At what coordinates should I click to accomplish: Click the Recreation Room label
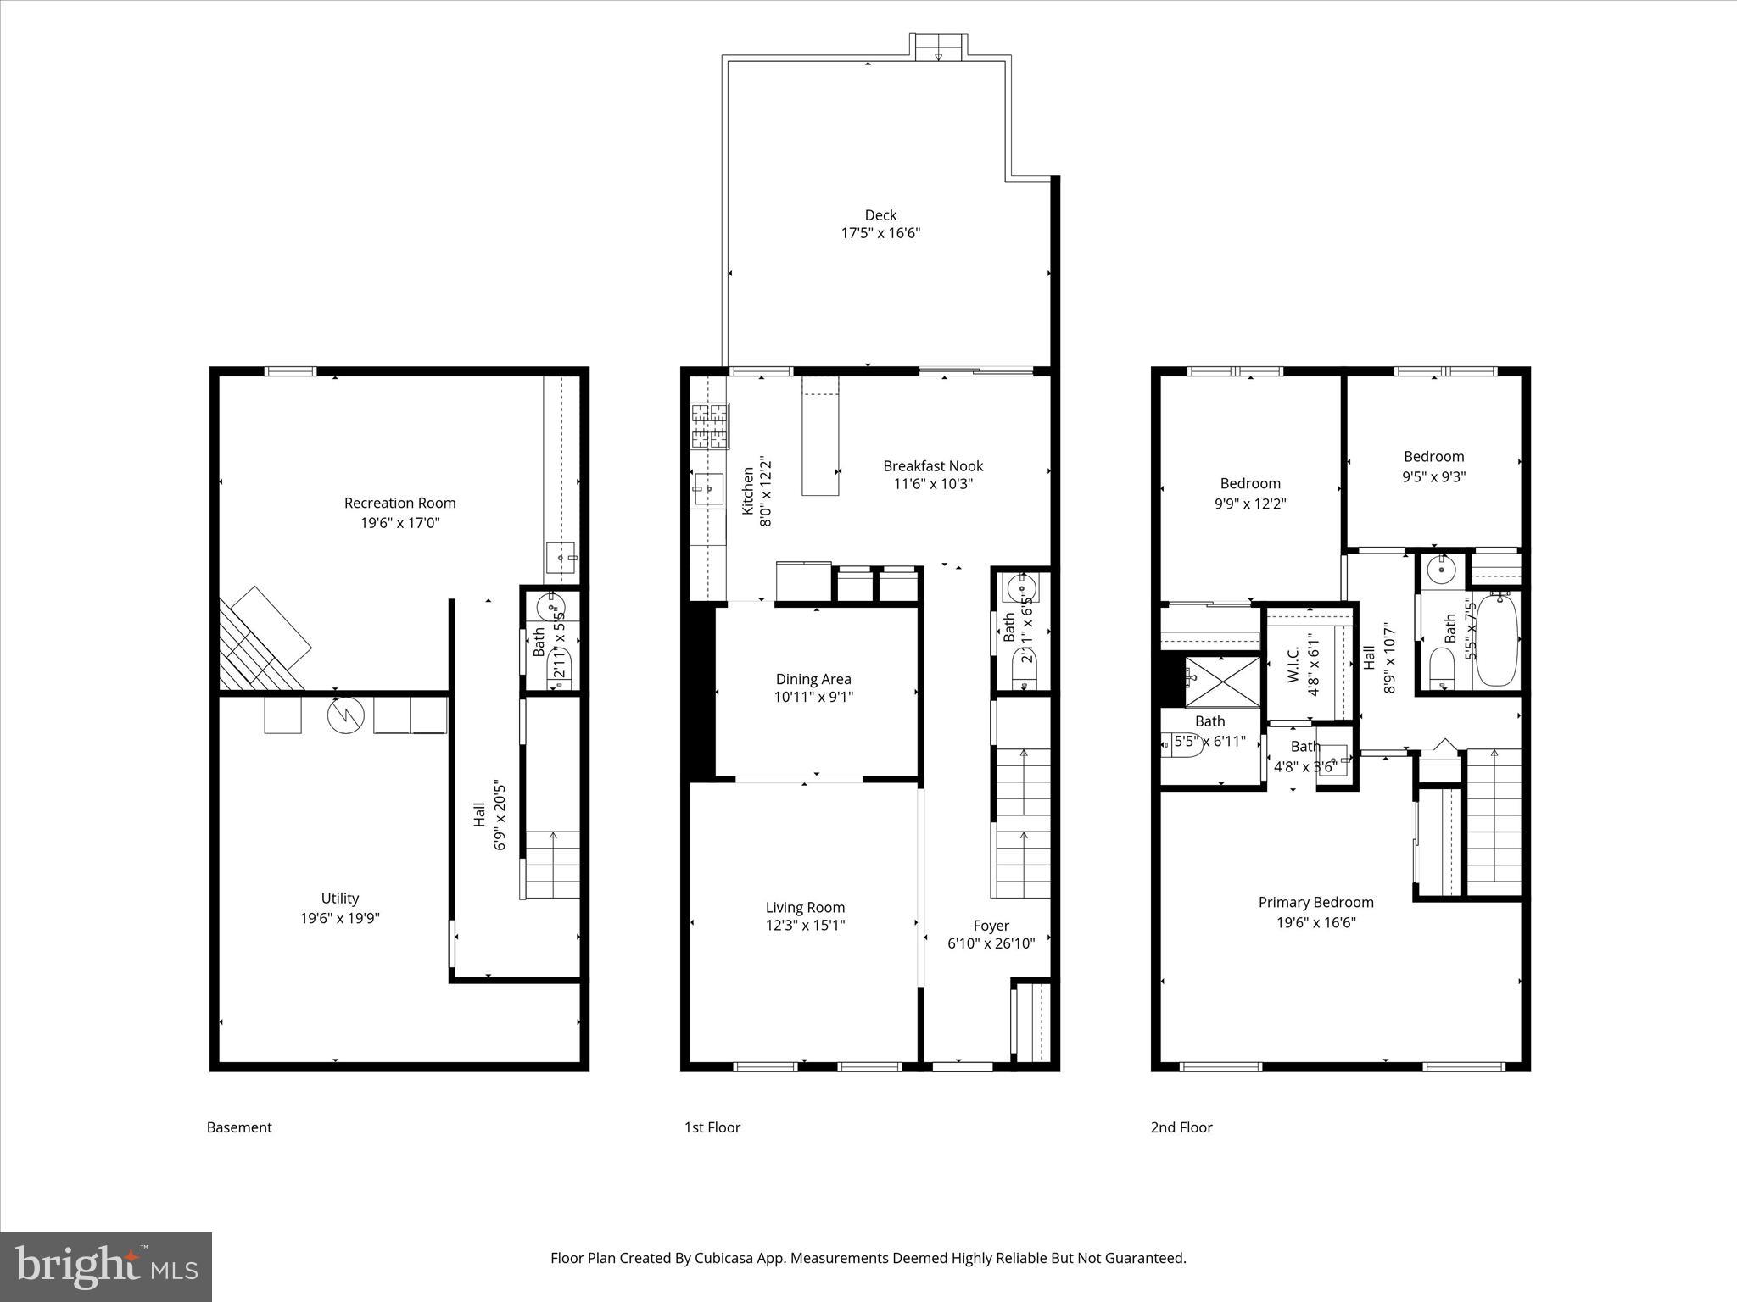(x=399, y=503)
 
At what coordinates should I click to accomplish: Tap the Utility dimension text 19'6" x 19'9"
(x=339, y=918)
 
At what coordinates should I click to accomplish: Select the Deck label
(x=880, y=215)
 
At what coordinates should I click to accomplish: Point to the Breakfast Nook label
(x=933, y=465)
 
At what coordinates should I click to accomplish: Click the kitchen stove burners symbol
(x=710, y=426)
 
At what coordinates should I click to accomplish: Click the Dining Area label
(x=813, y=679)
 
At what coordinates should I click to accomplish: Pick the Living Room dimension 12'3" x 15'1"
(x=805, y=926)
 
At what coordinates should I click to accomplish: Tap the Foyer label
(x=991, y=926)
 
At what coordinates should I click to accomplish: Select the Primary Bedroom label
(x=1315, y=902)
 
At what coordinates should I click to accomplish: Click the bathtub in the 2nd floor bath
(x=1497, y=640)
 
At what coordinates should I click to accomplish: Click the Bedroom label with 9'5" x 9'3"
(x=1433, y=456)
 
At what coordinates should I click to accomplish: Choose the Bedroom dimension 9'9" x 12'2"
(x=1250, y=504)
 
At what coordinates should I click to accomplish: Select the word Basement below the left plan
(x=239, y=1127)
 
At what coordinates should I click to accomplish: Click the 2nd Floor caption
(x=1181, y=1127)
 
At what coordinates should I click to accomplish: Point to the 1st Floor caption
(x=712, y=1127)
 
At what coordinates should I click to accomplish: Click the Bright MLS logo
(x=106, y=1266)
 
